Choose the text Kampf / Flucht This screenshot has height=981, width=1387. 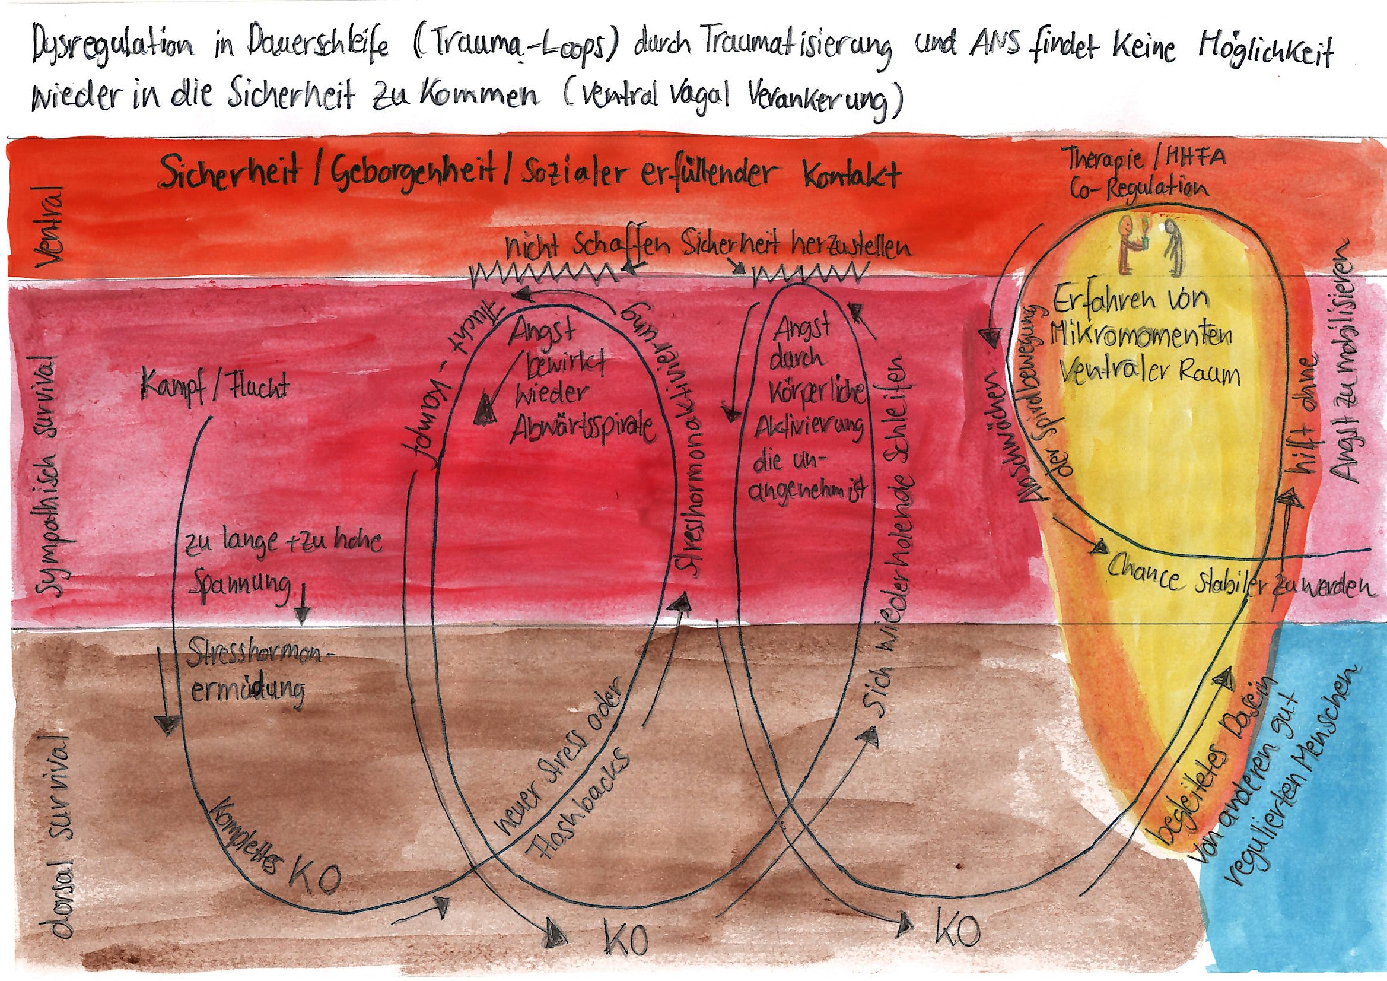pyautogui.click(x=214, y=388)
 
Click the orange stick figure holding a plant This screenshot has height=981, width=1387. pyautogui.click(x=1128, y=245)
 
